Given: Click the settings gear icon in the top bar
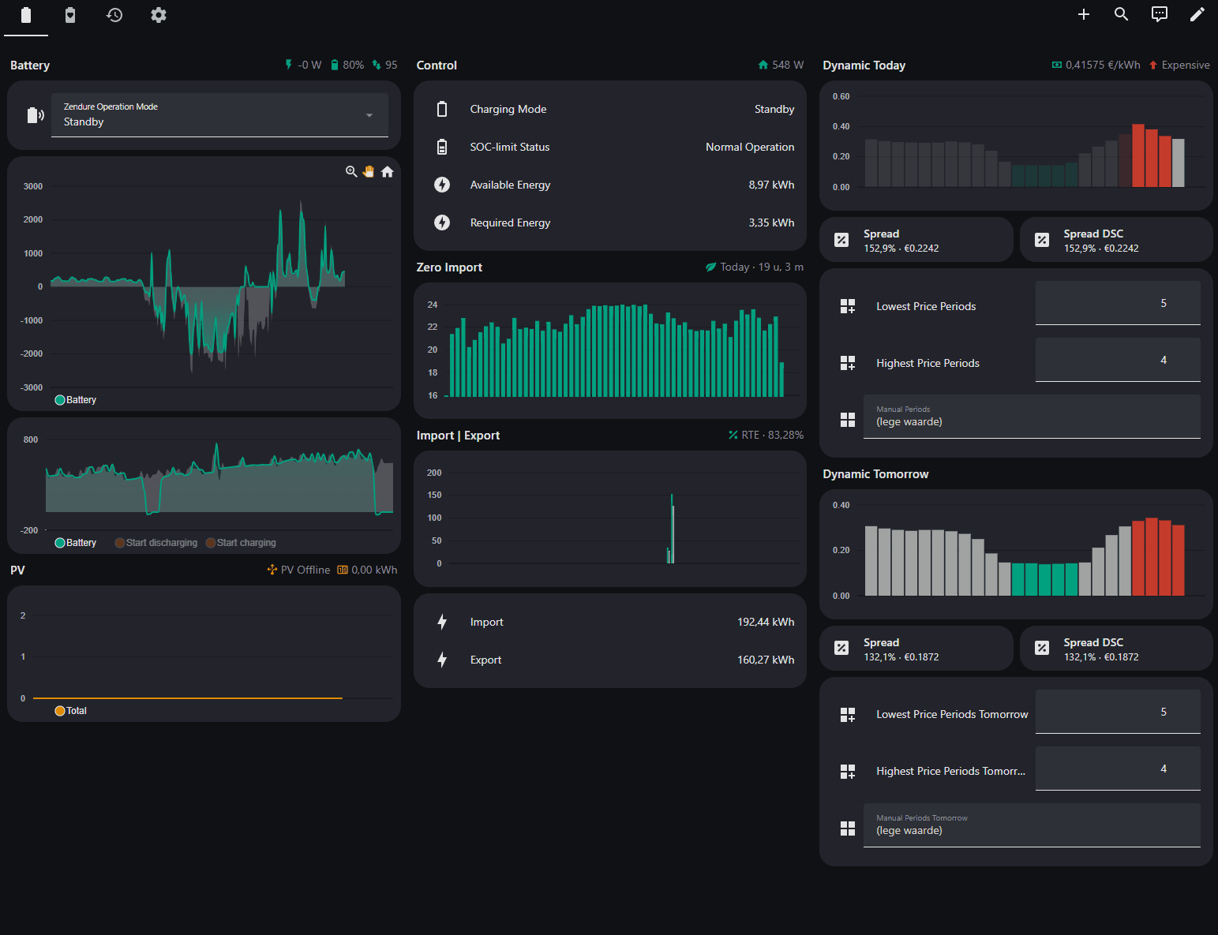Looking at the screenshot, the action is coord(159,15).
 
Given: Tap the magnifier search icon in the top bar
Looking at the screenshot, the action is coord(1121,14).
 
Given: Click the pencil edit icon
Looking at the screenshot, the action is coord(1197,14).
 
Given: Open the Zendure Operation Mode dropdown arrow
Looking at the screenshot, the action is coord(369,115).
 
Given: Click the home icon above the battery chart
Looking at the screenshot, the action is coord(388,172).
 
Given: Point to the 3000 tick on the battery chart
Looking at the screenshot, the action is coord(32,186).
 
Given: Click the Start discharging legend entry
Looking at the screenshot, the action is coord(156,542).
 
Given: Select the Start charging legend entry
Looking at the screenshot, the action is coord(241,542).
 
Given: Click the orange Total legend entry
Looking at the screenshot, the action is coord(70,710).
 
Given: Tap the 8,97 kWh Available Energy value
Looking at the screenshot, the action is coord(771,185).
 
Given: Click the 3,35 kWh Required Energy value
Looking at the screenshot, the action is coord(771,223).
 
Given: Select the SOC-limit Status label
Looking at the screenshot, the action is coord(509,147).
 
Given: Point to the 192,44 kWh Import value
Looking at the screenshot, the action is coord(766,622).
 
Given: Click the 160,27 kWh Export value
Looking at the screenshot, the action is coord(766,660).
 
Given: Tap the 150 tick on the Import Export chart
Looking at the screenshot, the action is coord(434,495).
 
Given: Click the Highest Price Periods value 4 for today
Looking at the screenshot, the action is coord(1164,360).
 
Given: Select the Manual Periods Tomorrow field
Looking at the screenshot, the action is coord(1032,825).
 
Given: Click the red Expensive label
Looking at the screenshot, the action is coord(1185,65).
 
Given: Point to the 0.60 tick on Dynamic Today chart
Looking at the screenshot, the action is coord(841,96).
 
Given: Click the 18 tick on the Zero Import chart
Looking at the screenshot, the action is coord(432,372).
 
